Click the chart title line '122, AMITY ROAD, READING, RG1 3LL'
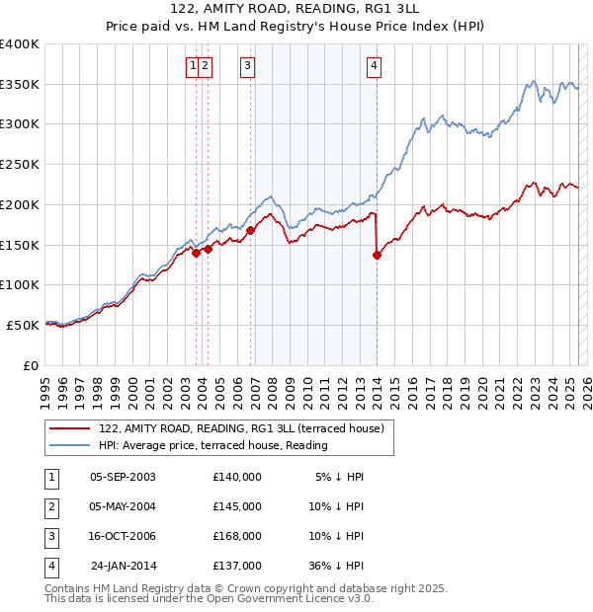[296, 11]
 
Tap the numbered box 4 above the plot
[375, 66]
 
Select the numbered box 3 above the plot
[247, 66]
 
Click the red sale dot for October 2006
[251, 230]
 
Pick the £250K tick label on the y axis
[20, 165]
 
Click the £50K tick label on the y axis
[23, 325]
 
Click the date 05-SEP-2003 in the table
[123, 477]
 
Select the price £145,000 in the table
[237, 506]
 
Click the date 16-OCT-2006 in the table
[123, 536]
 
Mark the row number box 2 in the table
[49, 506]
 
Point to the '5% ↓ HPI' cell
[340, 477]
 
